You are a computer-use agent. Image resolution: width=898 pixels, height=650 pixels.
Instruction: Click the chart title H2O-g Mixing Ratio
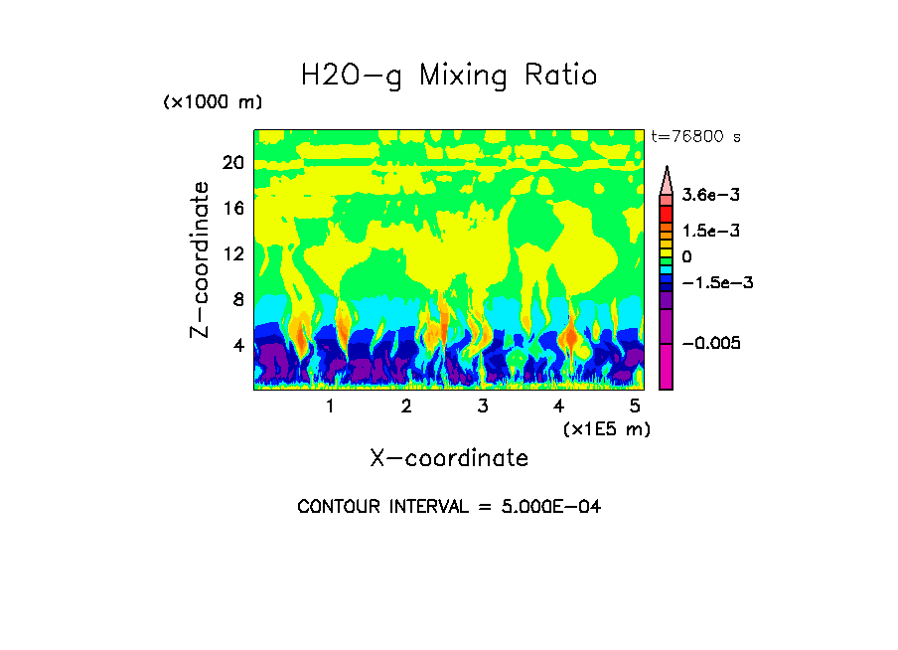click(x=449, y=77)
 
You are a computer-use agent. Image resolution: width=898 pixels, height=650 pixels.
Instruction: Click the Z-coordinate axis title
click(x=201, y=259)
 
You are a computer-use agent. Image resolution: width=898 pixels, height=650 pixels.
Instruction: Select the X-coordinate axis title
click(x=449, y=458)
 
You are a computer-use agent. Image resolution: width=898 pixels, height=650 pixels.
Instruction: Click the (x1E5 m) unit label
click(x=606, y=428)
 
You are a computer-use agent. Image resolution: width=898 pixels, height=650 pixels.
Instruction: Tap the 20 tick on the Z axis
click(x=232, y=163)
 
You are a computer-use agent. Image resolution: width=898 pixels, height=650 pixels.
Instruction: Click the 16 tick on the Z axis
click(x=232, y=209)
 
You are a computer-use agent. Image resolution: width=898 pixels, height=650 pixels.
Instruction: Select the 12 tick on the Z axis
click(x=232, y=253)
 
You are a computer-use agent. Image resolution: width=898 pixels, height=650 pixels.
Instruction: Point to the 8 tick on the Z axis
click(x=237, y=299)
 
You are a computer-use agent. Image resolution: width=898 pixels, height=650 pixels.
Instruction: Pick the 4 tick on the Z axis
click(x=237, y=345)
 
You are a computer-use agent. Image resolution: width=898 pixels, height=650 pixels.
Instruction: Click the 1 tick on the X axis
click(x=330, y=406)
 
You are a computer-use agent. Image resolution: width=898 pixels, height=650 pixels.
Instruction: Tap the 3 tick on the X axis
click(x=483, y=406)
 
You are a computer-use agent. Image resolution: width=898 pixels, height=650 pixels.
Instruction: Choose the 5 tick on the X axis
click(x=635, y=406)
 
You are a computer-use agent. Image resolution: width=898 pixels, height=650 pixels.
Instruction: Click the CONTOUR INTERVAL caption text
click(x=449, y=507)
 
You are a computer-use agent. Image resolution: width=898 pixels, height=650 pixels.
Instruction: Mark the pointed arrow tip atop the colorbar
click(x=667, y=170)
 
